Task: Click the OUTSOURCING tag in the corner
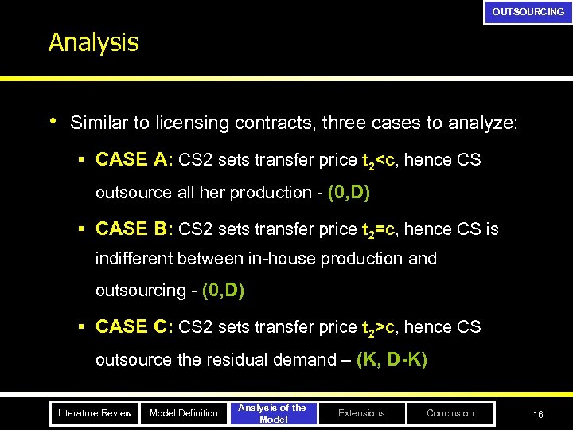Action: tap(528, 12)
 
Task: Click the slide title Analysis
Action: tap(93, 42)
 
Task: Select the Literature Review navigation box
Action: tap(95, 413)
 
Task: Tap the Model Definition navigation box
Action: tap(184, 413)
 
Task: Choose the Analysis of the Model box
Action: tap(273, 413)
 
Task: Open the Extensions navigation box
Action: tap(361, 413)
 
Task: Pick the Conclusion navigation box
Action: tap(450, 413)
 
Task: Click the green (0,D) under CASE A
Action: tap(348, 193)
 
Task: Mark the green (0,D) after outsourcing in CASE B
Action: tap(223, 291)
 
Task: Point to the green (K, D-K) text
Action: tap(392, 360)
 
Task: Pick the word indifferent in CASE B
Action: tap(134, 259)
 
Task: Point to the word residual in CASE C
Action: tap(234, 360)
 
